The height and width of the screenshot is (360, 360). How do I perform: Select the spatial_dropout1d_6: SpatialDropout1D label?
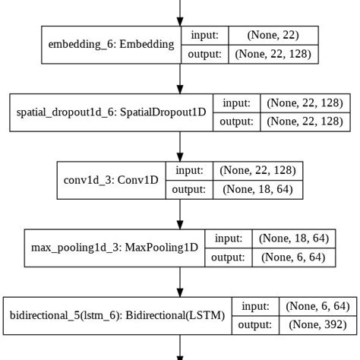(x=112, y=112)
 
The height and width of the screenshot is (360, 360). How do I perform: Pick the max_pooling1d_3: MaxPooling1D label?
(x=114, y=248)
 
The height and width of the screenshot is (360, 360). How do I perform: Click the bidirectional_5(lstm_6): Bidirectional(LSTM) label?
(x=116, y=314)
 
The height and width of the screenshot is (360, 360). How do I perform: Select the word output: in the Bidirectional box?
(x=256, y=324)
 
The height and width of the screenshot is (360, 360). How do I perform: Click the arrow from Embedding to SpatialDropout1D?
(x=180, y=78)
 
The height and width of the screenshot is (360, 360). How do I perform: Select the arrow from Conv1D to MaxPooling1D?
(x=180, y=213)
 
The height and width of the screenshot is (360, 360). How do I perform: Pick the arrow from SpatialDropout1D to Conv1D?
(x=180, y=146)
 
